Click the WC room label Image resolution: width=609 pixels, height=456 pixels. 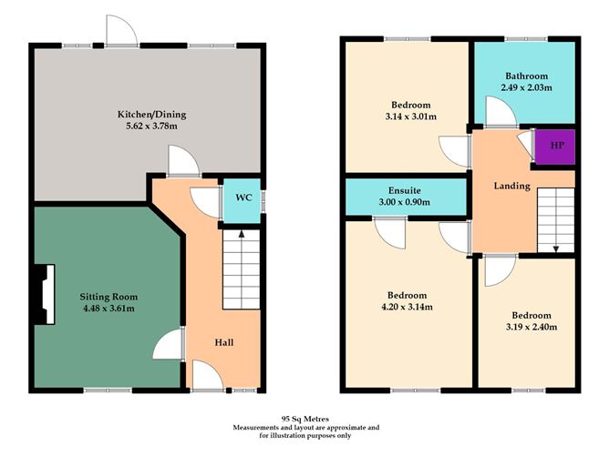point(243,198)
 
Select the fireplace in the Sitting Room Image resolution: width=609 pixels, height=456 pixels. point(43,293)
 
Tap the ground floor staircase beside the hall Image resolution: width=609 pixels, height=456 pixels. point(242,269)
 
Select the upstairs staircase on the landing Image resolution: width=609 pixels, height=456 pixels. point(554,219)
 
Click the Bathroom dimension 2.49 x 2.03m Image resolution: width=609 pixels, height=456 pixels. point(526,87)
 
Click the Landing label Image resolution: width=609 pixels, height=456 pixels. point(511,186)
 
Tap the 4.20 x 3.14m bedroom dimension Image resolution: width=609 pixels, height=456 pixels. point(407,308)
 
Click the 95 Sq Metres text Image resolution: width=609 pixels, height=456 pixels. point(304,415)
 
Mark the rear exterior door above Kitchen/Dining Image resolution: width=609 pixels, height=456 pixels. point(121,33)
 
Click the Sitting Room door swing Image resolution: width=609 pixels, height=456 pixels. point(167,346)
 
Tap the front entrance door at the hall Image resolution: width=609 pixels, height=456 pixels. point(206,375)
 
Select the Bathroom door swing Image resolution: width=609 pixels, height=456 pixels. point(498,113)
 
